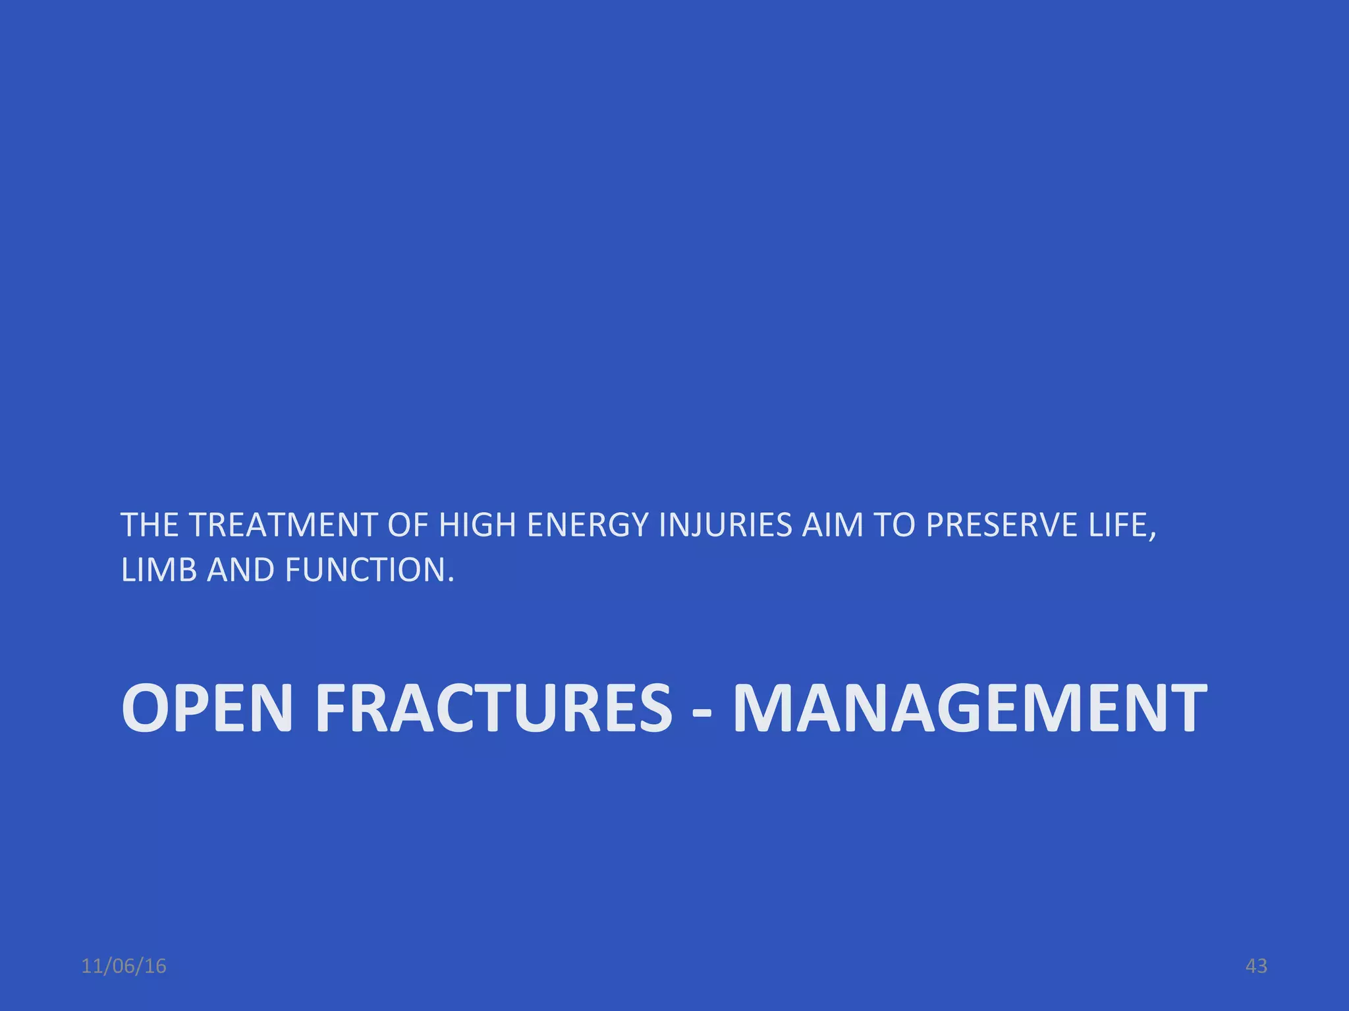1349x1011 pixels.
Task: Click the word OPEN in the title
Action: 207,708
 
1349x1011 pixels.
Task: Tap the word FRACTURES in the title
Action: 493,708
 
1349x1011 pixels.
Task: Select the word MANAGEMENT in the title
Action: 970,708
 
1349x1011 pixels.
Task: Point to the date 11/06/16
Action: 124,966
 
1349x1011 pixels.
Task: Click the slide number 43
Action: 1256,966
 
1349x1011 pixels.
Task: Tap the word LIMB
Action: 159,570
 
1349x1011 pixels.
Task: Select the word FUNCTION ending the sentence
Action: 365,570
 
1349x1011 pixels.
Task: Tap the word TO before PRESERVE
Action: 895,525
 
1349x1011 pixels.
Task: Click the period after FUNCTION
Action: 451,579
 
